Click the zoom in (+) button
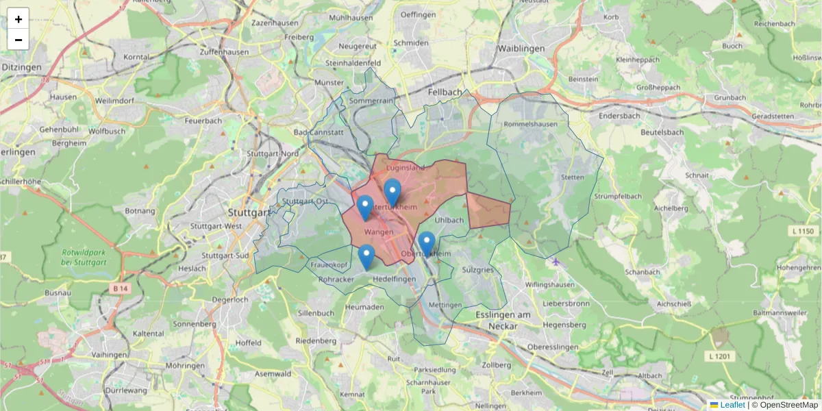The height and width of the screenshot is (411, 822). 18,19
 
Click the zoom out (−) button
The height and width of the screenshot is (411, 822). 18,40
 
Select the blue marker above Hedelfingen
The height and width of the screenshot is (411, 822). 366,257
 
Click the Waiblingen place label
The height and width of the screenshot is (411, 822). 521,49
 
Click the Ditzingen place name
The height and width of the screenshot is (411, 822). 21,67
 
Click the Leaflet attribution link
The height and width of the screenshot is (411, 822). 732,405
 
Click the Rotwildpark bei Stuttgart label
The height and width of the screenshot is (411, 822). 84,258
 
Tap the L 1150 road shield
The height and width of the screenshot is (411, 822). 806,232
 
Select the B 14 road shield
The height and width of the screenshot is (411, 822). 119,289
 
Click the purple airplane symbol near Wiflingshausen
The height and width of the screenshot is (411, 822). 555,261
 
